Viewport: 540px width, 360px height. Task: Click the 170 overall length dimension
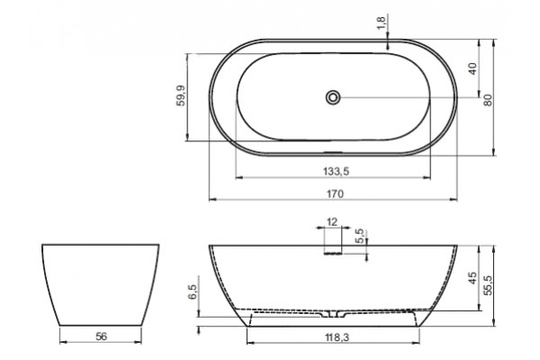[x=335, y=194]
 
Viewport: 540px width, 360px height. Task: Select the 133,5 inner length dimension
[x=336, y=171]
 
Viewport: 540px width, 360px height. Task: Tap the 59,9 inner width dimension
[x=181, y=95]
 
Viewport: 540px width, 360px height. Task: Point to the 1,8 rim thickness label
[x=382, y=22]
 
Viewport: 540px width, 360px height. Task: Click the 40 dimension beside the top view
[x=473, y=68]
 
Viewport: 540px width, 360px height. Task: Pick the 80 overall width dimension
[x=488, y=100]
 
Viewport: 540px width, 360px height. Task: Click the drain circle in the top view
[x=333, y=97]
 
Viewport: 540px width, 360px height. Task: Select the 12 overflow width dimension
[x=332, y=222]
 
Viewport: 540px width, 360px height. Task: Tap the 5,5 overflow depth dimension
[x=360, y=236]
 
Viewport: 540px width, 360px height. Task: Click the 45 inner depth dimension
[x=472, y=278]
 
